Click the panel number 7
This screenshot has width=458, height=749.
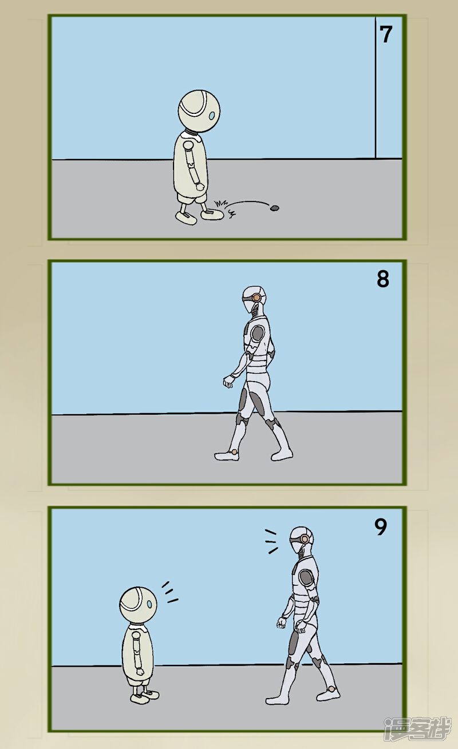pos(386,34)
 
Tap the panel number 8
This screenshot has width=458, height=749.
pos(382,279)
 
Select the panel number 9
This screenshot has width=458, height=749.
pos(381,527)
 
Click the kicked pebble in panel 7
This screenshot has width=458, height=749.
pos(275,208)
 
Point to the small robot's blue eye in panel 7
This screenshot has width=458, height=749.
pos(212,116)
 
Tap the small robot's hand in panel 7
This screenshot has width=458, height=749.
pos(199,186)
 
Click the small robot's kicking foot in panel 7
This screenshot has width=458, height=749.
pos(212,215)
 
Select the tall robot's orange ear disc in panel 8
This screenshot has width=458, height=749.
pos(257,298)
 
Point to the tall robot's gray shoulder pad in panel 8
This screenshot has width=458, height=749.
pos(258,334)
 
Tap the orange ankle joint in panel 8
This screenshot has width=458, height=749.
pos(234,452)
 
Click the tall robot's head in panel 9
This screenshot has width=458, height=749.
pos(301,540)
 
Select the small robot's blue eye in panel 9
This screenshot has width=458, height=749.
pos(151,603)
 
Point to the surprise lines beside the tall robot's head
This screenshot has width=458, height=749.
pos(271,541)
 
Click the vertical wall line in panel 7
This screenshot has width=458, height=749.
pos(376,92)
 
